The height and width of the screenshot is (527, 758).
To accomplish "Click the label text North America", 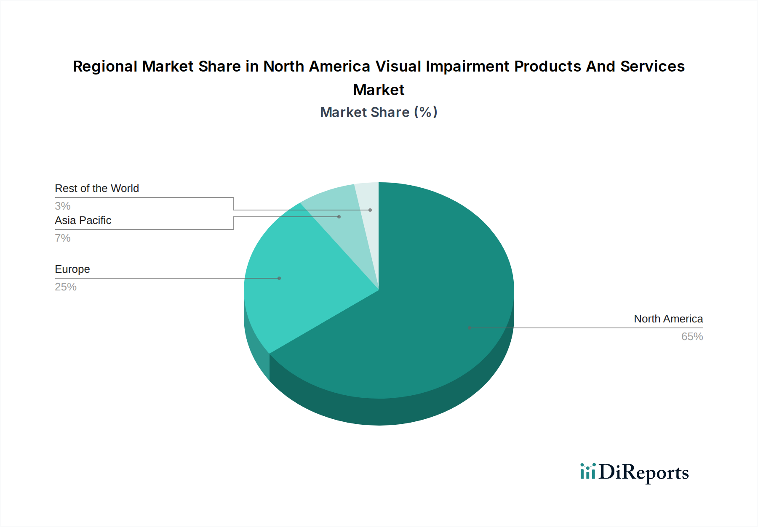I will click(x=668, y=319).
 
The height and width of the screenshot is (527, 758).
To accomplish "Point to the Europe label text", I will click(x=72, y=269).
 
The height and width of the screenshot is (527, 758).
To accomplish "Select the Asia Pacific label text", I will click(x=83, y=221).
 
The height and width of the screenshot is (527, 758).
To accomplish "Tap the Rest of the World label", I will click(x=97, y=189).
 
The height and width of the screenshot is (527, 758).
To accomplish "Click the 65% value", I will click(x=692, y=337).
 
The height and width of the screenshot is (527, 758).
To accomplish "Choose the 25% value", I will click(x=66, y=287).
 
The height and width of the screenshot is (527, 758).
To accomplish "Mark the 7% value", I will click(x=63, y=238).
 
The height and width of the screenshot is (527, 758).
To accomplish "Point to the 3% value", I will click(x=63, y=206).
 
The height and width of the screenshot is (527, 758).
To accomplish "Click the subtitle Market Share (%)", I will click(x=379, y=112).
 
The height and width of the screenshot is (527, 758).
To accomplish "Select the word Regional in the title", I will click(x=105, y=67).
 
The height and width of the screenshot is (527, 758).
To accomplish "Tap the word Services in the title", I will click(x=652, y=67).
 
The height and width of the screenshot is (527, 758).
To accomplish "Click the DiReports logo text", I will click(x=643, y=472).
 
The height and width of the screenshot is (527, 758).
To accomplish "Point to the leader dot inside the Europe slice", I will click(x=279, y=278).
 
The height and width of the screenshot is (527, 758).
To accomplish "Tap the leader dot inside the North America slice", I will click(x=470, y=328).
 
